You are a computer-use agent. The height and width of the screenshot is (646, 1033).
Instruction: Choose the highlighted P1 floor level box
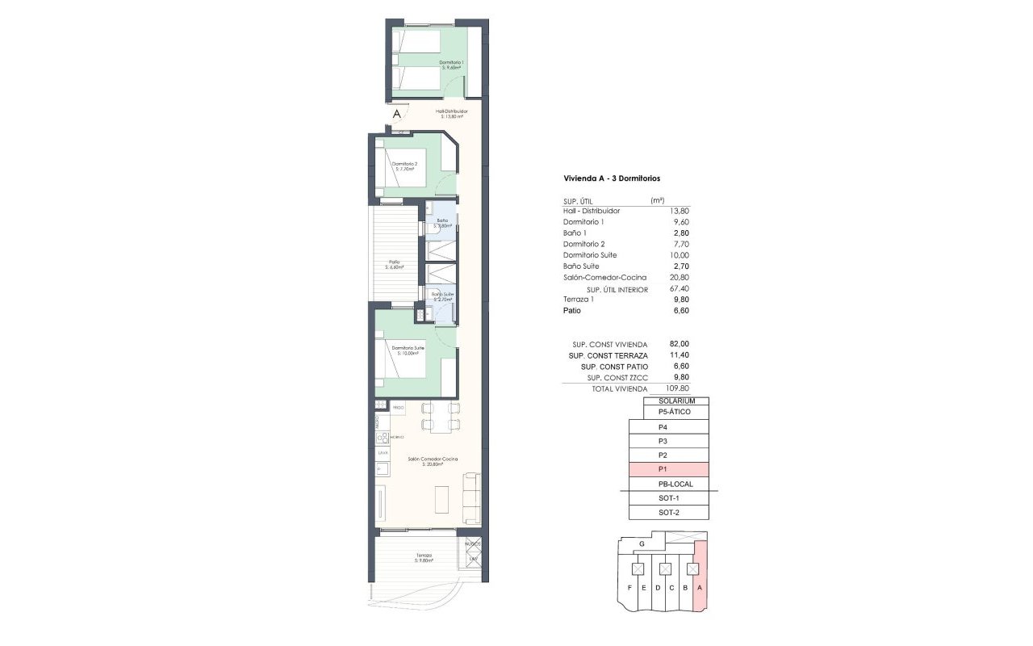pyautogui.click(x=668, y=469)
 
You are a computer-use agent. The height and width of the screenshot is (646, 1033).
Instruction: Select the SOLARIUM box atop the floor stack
pyautogui.click(x=676, y=401)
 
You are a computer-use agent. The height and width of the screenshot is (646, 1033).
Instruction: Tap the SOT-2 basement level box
pyautogui.click(x=668, y=513)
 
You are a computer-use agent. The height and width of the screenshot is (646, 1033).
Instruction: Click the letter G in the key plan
pyautogui.click(x=641, y=545)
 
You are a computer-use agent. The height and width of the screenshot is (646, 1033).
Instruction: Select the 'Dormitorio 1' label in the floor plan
pyautogui.click(x=451, y=62)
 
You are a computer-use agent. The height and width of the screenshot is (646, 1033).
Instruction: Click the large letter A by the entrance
pyautogui.click(x=396, y=115)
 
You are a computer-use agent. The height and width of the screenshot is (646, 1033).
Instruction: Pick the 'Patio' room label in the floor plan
pyautogui.click(x=394, y=262)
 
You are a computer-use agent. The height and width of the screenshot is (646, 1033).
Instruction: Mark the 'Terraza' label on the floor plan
pyautogui.click(x=424, y=556)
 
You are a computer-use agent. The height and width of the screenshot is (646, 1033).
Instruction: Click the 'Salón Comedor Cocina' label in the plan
pyautogui.click(x=433, y=459)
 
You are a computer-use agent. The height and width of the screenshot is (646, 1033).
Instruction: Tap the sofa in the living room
pyautogui.click(x=471, y=497)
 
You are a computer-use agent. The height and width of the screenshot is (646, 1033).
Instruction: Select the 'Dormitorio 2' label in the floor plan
pyautogui.click(x=404, y=164)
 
